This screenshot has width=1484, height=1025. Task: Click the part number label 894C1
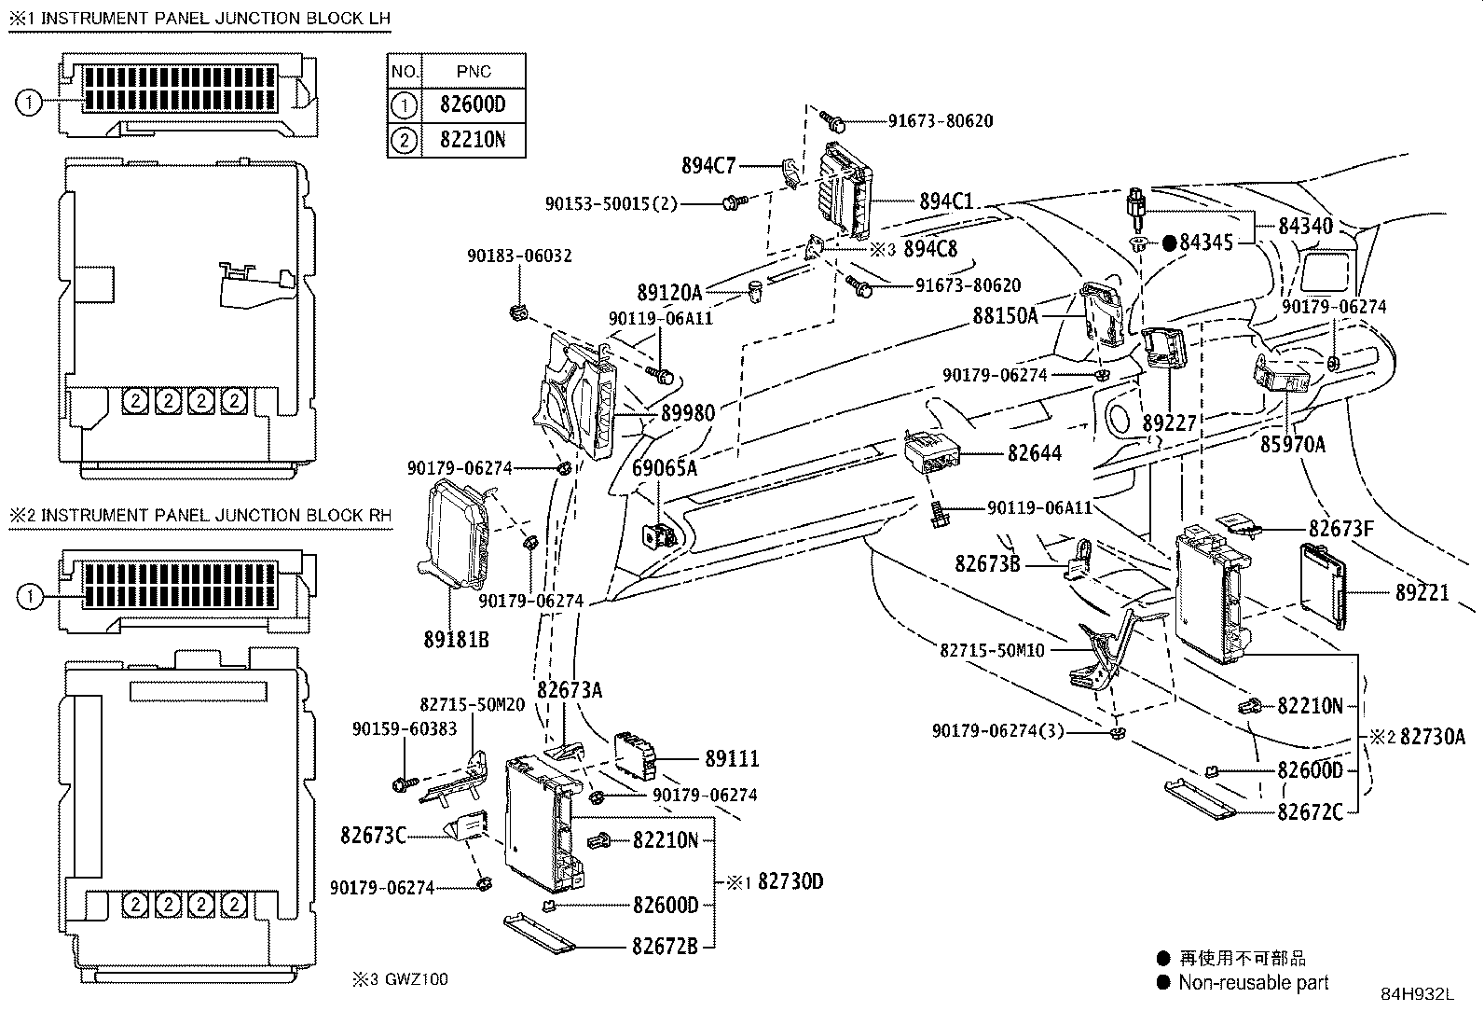[946, 201]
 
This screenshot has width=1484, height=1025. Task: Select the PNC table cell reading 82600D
[473, 104]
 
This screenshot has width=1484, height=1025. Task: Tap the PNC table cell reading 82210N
[473, 139]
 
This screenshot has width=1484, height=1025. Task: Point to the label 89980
[688, 414]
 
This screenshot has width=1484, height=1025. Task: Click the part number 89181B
[456, 640]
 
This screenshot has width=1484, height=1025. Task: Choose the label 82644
[1034, 453]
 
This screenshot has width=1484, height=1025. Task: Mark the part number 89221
[1422, 593]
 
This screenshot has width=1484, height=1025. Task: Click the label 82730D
[790, 881]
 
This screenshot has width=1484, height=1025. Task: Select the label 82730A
[1433, 737]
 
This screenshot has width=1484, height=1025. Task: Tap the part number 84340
[1305, 226]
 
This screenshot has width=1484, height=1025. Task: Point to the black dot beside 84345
[1169, 243]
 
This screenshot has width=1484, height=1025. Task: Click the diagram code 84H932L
[1417, 994]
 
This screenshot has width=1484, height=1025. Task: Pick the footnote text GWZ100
[417, 979]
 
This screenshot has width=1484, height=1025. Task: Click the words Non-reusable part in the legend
[1254, 983]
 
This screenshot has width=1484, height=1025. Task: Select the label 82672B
[665, 947]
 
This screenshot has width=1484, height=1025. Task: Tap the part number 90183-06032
[519, 256]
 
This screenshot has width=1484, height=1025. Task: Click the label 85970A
[1293, 444]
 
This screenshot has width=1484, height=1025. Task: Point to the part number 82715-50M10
[992, 650]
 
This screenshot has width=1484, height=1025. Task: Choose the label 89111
[732, 758]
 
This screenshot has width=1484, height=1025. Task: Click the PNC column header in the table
[474, 72]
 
